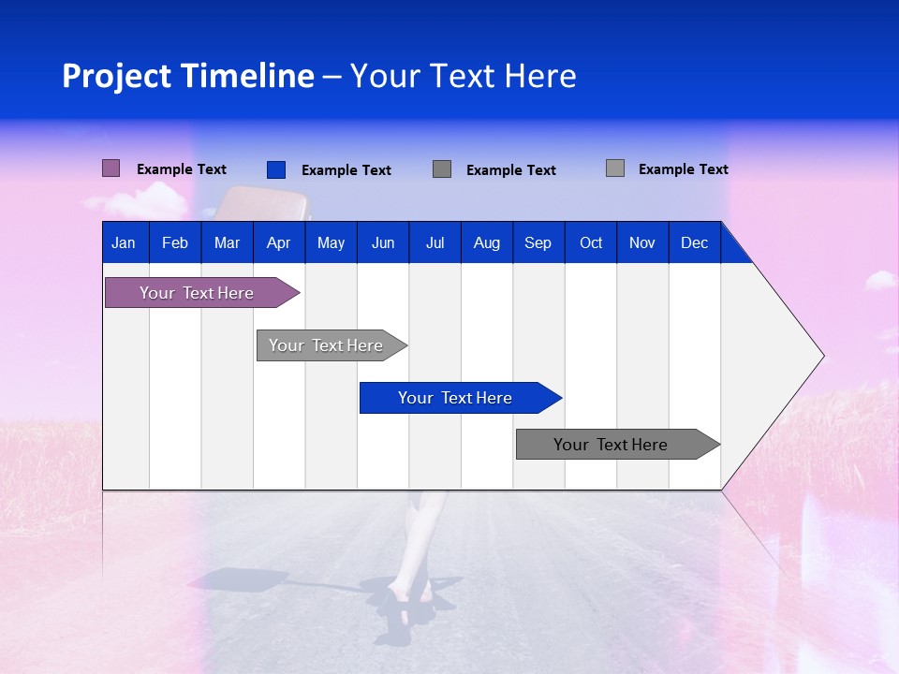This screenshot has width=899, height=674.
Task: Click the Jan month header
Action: pos(124,242)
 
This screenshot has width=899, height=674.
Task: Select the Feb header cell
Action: pos(175,242)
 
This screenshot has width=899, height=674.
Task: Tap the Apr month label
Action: pos(279,242)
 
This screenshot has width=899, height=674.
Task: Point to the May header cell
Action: pos(331,242)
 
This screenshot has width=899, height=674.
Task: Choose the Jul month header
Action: pos(435,242)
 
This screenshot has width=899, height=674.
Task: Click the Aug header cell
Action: pos(487,242)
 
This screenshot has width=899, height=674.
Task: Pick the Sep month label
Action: pos(538,242)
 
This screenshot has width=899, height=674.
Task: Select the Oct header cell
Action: pos(591,242)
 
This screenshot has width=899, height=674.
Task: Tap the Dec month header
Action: pos(695,242)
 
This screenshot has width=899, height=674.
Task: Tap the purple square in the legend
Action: pos(111,168)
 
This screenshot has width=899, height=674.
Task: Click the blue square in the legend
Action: pos(276,169)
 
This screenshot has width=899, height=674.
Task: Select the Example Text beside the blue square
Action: pos(346,170)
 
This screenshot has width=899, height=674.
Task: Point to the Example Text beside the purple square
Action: pos(182,169)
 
